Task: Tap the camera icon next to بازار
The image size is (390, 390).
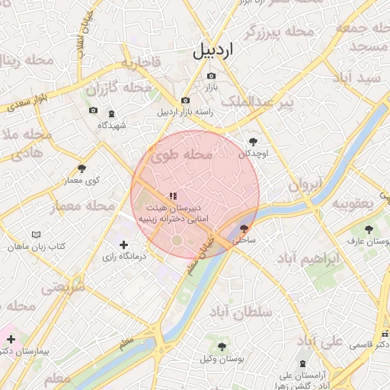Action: click(211, 76)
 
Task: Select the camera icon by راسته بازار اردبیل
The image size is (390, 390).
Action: click(185, 101)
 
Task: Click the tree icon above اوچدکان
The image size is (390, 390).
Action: click(253, 142)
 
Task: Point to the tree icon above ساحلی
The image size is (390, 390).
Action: click(244, 228)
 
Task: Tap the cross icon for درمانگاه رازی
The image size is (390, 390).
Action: click(124, 245)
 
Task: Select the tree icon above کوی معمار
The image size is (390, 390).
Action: click(82, 168)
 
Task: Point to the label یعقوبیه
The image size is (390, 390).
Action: click(351, 203)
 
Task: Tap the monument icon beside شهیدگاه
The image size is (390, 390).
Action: click(113, 113)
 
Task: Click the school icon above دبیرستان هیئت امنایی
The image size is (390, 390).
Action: click(173, 195)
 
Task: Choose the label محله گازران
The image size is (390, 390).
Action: click(120, 90)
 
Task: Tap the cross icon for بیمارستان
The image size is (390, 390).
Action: click(11, 338)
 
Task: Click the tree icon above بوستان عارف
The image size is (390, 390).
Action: click(369, 229)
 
